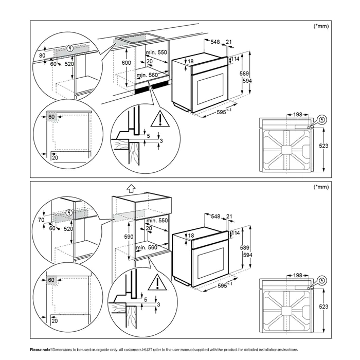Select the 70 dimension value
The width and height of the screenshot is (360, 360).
41,220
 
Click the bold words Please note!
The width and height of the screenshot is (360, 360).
41,350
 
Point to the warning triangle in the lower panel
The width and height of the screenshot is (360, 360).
154,283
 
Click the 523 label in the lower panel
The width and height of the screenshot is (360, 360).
323,307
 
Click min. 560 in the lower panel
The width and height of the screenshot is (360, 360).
147,248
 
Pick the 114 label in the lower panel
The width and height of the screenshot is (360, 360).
236,233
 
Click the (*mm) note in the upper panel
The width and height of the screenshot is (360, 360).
321,25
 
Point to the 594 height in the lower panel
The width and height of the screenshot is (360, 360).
247,254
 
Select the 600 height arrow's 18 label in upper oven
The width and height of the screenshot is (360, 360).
191,62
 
